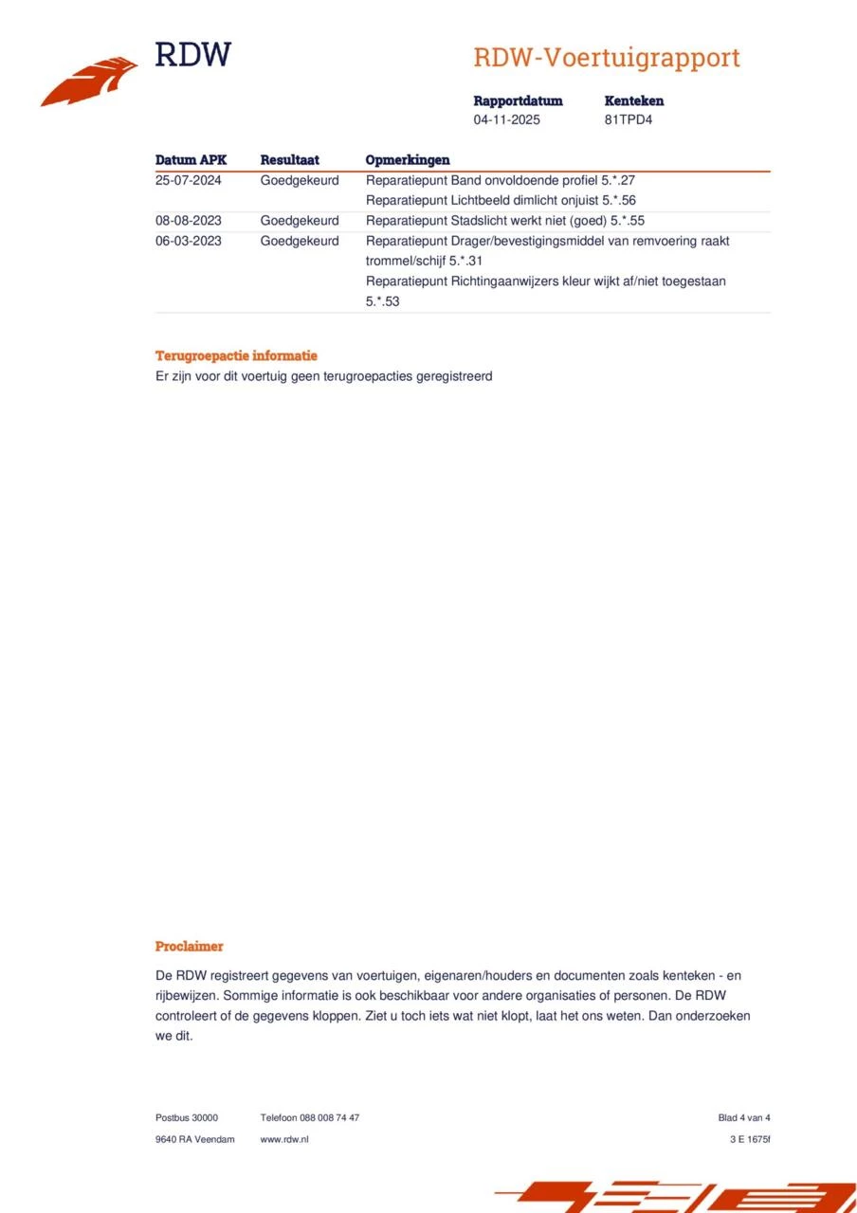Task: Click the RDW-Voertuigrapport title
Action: (x=606, y=58)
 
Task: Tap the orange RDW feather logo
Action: (x=89, y=82)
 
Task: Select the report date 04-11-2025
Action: (x=506, y=120)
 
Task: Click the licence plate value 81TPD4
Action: (x=629, y=120)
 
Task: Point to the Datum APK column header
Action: (x=191, y=160)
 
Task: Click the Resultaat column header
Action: (x=289, y=160)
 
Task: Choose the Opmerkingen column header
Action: (x=408, y=160)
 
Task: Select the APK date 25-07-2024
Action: (x=189, y=180)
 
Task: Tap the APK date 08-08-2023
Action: (x=189, y=221)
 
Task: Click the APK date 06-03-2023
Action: (x=189, y=241)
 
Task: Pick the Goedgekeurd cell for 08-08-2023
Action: (x=300, y=221)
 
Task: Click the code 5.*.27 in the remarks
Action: (x=618, y=180)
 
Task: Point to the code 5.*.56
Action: (x=619, y=200)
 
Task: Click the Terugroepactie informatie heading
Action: (x=236, y=356)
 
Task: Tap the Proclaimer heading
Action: (x=190, y=946)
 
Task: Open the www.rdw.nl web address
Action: (x=284, y=1139)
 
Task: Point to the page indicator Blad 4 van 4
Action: (x=744, y=1117)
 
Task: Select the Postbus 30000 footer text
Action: (x=187, y=1117)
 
